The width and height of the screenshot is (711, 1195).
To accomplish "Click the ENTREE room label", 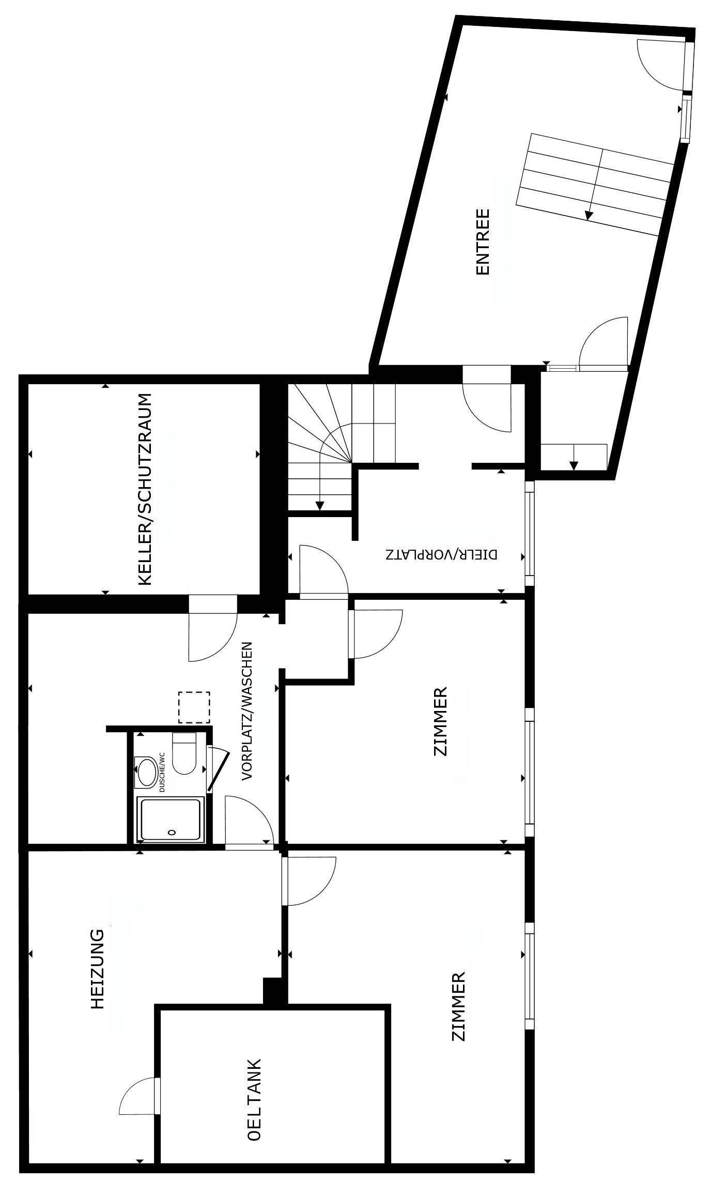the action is click(482, 241).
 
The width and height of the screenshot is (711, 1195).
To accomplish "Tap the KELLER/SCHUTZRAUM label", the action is click(146, 489).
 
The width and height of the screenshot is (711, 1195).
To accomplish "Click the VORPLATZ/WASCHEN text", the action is click(247, 711).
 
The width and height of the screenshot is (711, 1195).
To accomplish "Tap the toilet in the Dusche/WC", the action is click(184, 753).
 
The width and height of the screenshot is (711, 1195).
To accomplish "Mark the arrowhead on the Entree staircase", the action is click(588, 215).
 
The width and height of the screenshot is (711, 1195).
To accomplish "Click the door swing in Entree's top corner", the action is click(660, 65).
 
